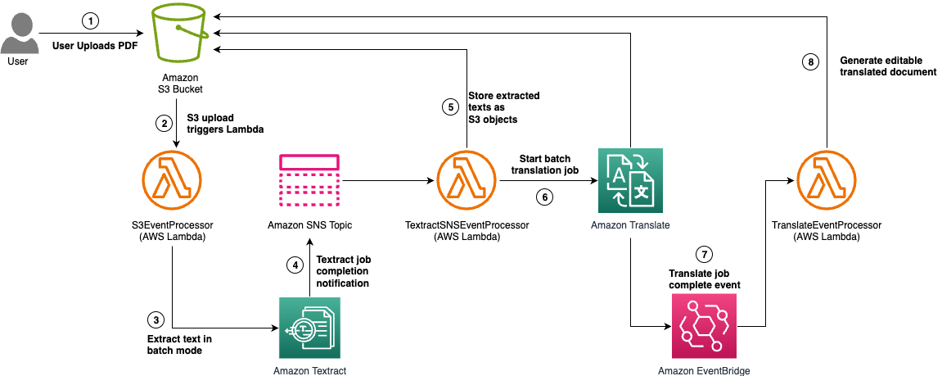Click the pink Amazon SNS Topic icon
pyautogui.click(x=309, y=181)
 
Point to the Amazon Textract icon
pyautogui.click(x=309, y=328)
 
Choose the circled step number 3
pyautogui.click(x=155, y=319)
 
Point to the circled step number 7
pyautogui.click(x=701, y=254)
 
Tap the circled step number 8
pyautogui.click(x=809, y=61)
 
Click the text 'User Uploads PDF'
pyautogui.click(x=93, y=45)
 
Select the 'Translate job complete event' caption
pyautogui.click(x=704, y=279)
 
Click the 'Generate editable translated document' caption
pyautogui.click(x=889, y=66)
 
